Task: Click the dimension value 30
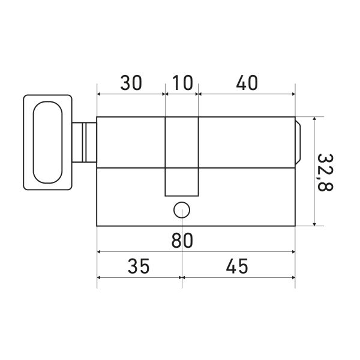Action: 131,83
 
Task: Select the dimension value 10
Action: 182,83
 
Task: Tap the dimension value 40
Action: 247,83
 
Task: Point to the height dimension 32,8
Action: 325,172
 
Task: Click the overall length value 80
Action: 182,240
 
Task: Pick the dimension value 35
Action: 139,266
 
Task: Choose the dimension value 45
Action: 237,266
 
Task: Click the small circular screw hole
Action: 182,210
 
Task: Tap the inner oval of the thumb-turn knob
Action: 48,142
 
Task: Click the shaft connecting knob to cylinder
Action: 84,142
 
